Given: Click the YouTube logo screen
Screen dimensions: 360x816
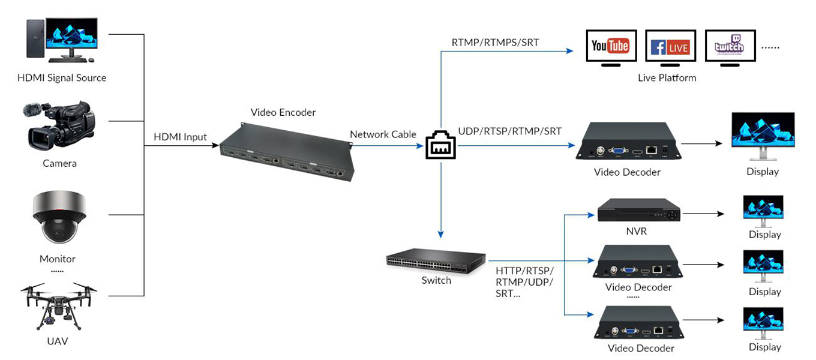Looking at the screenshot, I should tap(610, 45).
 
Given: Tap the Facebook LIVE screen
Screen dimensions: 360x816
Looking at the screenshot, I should tap(670, 46).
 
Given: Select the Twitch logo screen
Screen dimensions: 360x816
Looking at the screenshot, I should tap(730, 46).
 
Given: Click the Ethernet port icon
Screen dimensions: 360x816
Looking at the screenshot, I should tap(440, 146).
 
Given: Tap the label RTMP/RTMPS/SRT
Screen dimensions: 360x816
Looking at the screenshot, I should tap(495, 43).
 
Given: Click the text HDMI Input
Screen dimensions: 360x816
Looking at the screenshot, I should tap(180, 137).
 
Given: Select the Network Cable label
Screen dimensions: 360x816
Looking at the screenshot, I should tap(383, 134).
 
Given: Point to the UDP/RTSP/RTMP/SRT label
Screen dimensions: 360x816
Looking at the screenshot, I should tap(510, 131).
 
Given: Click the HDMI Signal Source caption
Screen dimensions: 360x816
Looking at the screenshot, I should tap(62, 78).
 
